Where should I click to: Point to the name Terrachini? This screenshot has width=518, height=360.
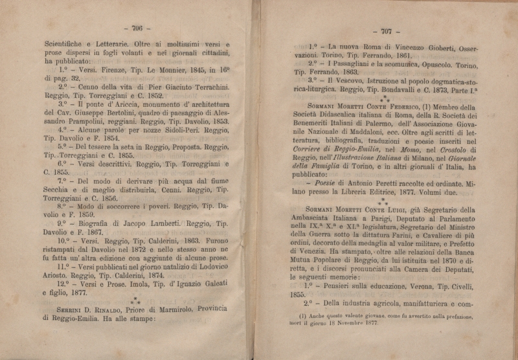pos(202,85)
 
